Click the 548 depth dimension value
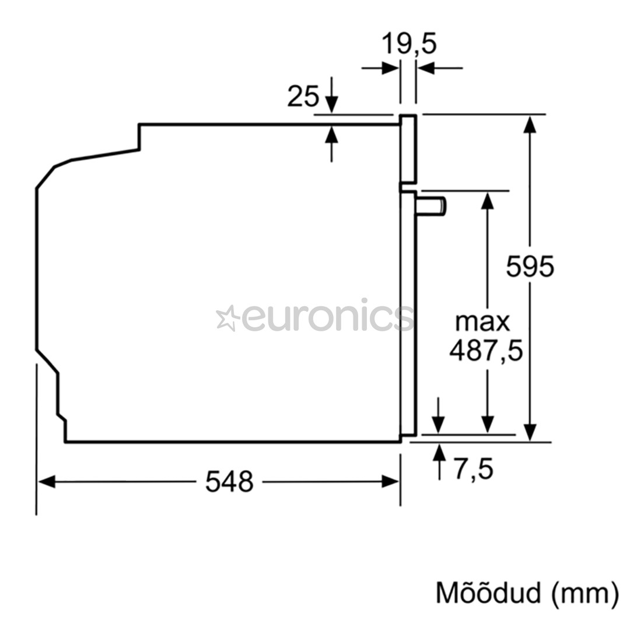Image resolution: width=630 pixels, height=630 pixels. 229,481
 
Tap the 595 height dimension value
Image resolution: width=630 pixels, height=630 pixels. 530,266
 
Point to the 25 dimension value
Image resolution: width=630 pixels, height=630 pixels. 303,96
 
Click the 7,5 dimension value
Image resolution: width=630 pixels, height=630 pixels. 474,469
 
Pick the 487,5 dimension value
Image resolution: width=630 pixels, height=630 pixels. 486,351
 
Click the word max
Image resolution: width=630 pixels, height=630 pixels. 482,322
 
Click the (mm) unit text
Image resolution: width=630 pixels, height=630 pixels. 584,594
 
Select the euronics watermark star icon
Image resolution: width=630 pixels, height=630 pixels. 228,318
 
